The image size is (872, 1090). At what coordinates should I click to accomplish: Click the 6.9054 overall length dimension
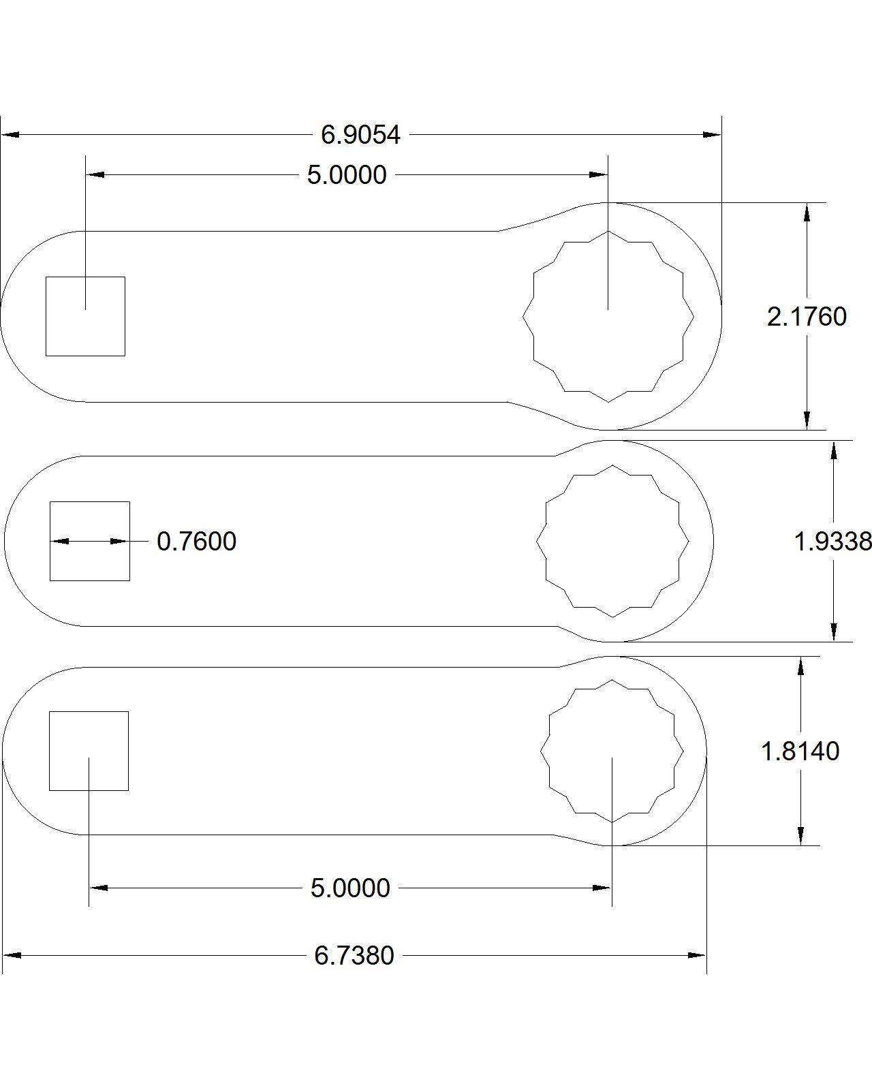tap(360, 135)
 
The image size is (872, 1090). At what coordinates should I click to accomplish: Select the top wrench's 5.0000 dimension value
tap(347, 175)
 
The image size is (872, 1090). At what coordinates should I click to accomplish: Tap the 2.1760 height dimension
tap(807, 317)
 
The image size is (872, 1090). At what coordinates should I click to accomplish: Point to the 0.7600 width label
tap(196, 542)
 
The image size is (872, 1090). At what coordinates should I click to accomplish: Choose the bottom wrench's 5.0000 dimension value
tap(350, 888)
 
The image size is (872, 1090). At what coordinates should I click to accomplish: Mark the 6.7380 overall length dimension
tap(354, 956)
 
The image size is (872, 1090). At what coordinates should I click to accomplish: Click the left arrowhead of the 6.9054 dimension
tap(10, 135)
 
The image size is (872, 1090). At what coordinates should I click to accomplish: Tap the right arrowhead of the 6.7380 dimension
tap(698, 956)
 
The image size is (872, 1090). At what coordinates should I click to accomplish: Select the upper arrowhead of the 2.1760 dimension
tap(807, 211)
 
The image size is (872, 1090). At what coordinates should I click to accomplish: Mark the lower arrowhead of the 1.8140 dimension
tap(800, 837)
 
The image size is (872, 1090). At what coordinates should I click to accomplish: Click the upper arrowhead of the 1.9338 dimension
tap(833, 449)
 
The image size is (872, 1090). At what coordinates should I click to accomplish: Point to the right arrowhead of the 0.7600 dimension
tap(121, 542)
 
